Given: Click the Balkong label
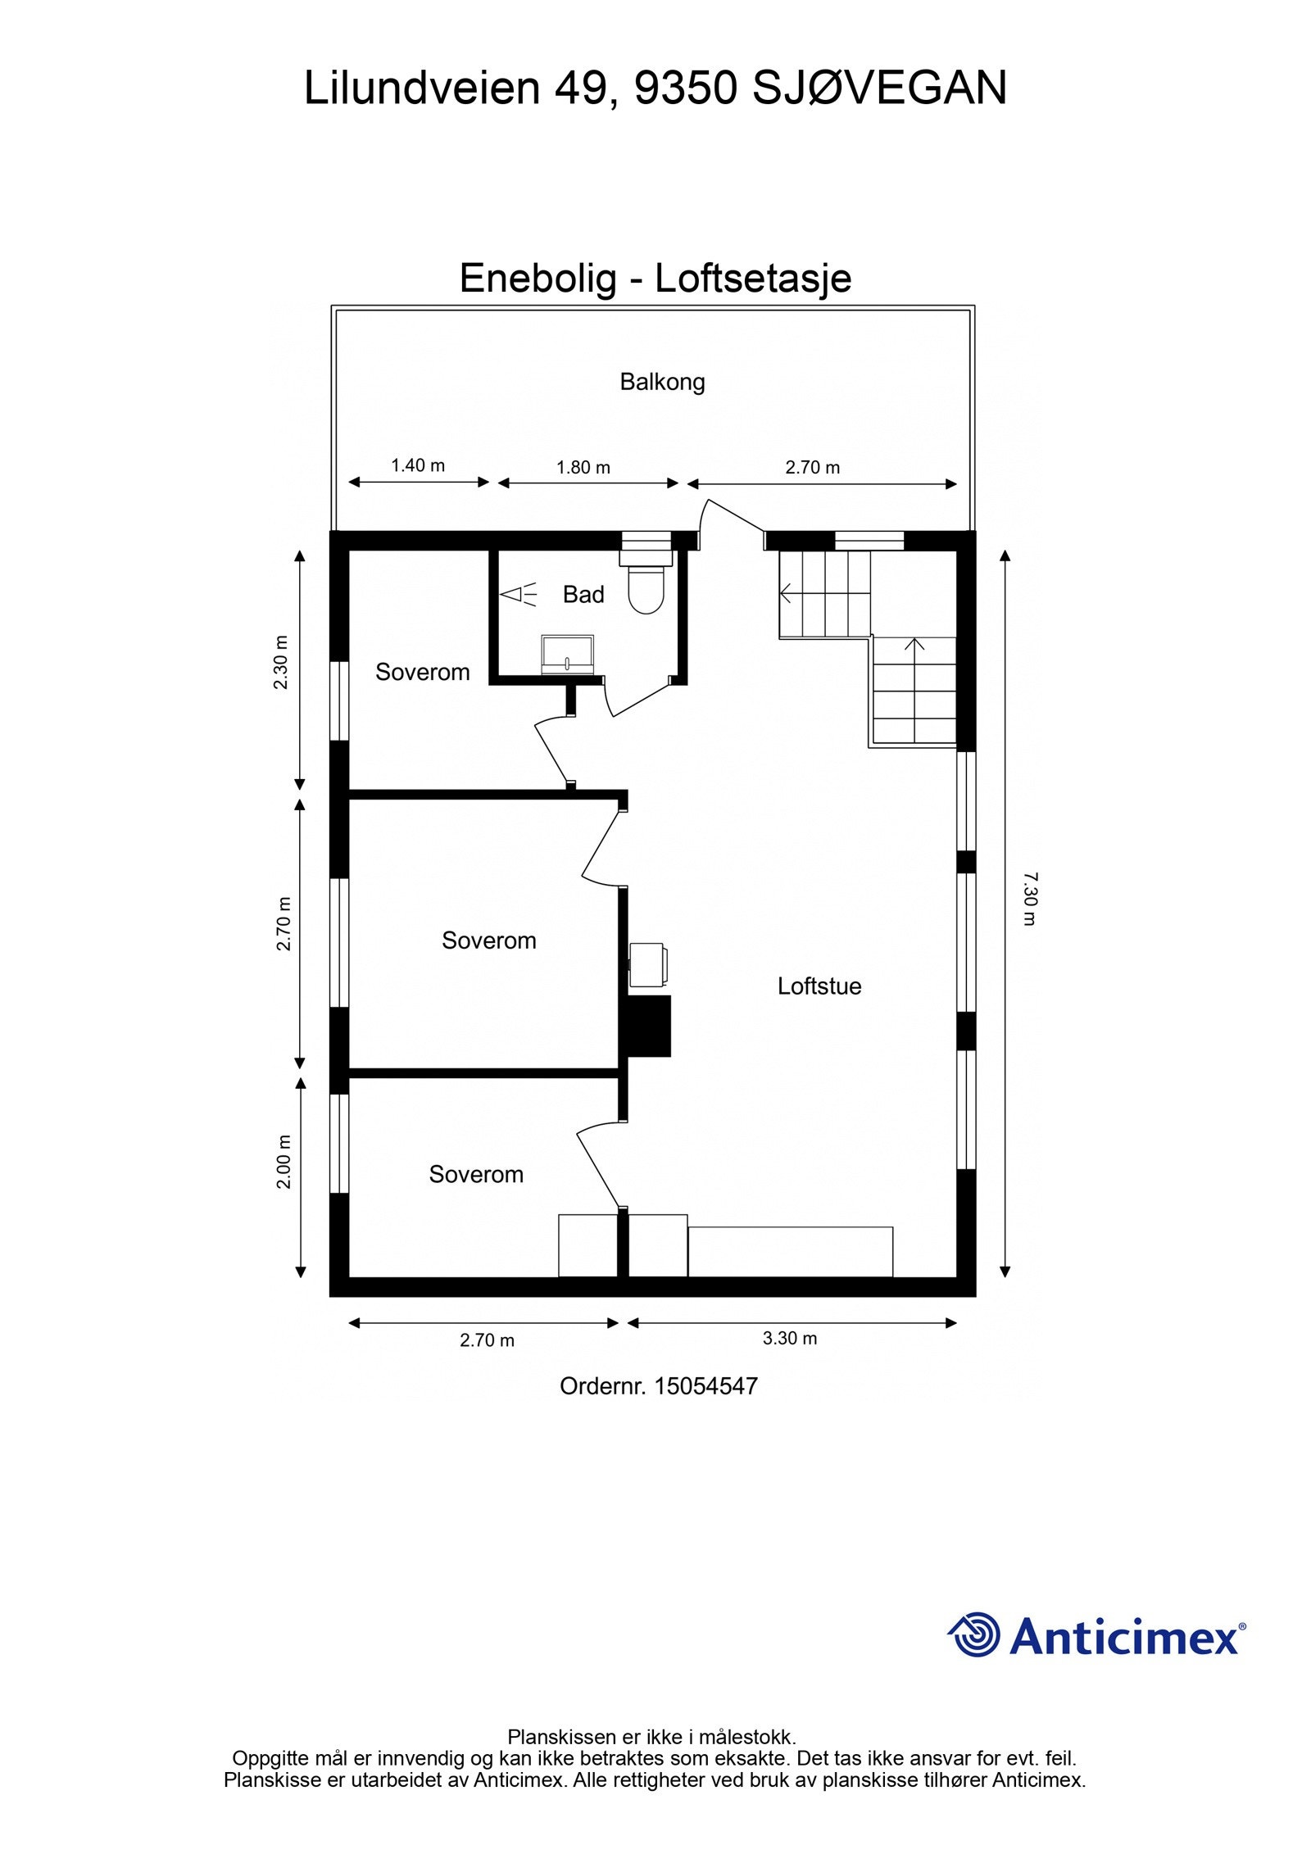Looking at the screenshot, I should point(662,382).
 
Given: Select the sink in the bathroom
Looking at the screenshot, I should point(568,654).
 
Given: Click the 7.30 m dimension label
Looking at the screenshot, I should point(1029,899).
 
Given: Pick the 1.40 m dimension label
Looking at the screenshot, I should point(418,465).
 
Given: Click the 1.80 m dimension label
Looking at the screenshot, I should point(583,467).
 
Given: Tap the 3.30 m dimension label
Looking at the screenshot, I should point(790,1338).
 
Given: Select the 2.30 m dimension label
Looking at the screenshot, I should point(281,662).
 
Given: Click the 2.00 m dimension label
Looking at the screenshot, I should point(284,1162).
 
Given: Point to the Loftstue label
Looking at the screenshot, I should point(819,986).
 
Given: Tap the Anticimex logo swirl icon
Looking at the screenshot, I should point(975,1634).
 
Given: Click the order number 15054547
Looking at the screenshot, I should point(706,1386).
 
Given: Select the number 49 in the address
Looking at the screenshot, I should point(582,88).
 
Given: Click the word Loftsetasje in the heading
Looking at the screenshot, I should point(753,278).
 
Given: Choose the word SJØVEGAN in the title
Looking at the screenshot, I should point(879,88).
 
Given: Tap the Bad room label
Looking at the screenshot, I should point(583,594).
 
